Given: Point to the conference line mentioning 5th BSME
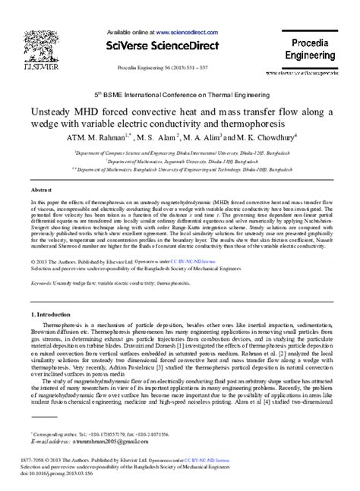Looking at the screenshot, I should [179, 98].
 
